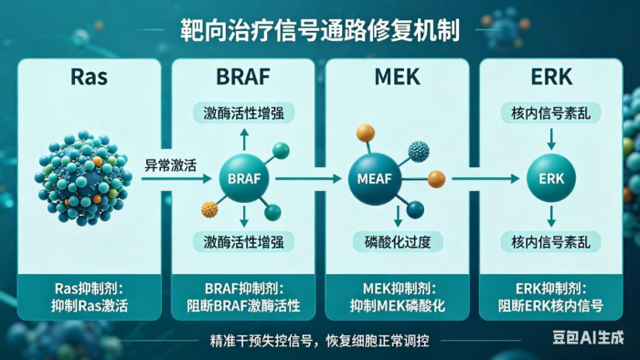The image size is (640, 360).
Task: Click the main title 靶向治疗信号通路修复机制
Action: (320, 30)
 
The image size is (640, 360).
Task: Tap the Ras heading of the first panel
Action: (89, 76)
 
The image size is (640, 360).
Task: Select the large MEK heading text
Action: (397, 76)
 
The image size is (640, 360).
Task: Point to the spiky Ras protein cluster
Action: (83, 178)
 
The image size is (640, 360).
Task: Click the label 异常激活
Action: (171, 165)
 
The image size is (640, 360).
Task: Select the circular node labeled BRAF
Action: (244, 178)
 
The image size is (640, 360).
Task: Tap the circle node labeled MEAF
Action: (374, 178)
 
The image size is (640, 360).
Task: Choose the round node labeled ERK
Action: (551, 178)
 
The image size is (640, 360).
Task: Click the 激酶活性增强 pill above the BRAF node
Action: (244, 112)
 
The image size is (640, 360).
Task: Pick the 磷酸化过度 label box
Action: (398, 242)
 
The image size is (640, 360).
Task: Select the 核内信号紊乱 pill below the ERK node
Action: (550, 242)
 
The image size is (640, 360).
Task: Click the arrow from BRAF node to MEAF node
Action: (309, 178)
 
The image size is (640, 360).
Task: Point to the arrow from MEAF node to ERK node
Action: (485, 178)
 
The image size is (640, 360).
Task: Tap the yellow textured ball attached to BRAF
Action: (209, 209)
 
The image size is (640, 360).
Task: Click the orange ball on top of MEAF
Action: (366, 132)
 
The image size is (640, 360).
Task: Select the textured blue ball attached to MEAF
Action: (419, 152)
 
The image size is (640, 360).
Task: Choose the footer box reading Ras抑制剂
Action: (89, 297)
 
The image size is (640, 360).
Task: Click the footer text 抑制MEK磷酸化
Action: (397, 306)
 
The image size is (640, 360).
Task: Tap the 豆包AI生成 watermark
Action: (588, 337)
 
